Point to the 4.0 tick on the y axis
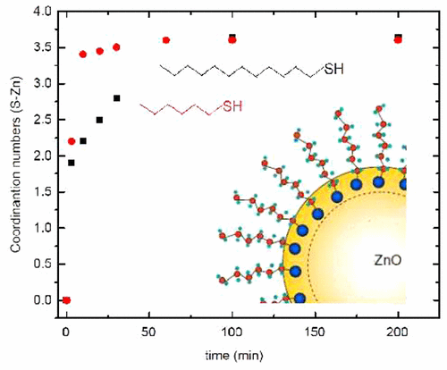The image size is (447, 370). (41, 12)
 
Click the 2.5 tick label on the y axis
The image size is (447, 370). (41, 120)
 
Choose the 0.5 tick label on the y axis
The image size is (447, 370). (41, 264)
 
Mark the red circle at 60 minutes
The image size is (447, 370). (165, 40)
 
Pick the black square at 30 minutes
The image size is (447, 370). (116, 98)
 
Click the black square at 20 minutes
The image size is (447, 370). (99, 120)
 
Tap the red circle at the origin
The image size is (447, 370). (66, 300)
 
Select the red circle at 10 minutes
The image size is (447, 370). (83, 55)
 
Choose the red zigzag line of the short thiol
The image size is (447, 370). (174, 109)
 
